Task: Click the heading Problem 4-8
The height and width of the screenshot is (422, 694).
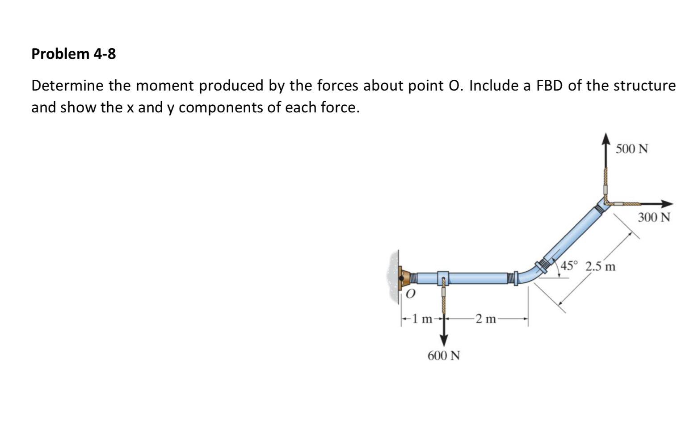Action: tap(74, 54)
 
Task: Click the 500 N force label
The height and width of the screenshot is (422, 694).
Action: tap(631, 149)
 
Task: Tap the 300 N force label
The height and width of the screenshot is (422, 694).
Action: tap(654, 218)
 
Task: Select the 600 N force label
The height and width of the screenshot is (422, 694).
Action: tap(443, 356)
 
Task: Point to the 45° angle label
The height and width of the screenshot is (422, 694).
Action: tap(570, 266)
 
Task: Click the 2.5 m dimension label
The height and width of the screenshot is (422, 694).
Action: tap(600, 267)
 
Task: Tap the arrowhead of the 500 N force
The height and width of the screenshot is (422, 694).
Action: tap(606, 139)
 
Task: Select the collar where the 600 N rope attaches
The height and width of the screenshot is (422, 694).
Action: tap(443, 277)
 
